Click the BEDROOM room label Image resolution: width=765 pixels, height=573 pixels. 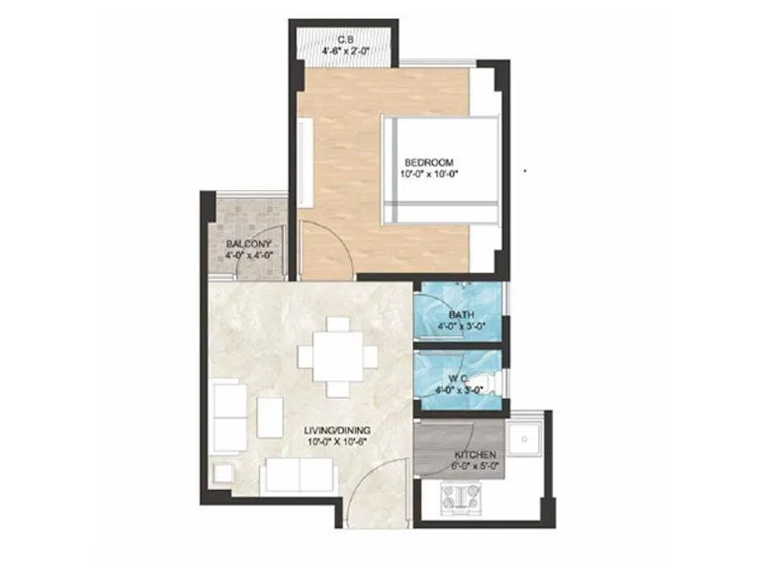[x=428, y=161]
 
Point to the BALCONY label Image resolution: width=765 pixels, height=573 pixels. [x=248, y=244]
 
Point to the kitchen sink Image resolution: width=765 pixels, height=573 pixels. [x=524, y=440]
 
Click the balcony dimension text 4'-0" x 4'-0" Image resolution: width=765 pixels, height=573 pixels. [x=249, y=256]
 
